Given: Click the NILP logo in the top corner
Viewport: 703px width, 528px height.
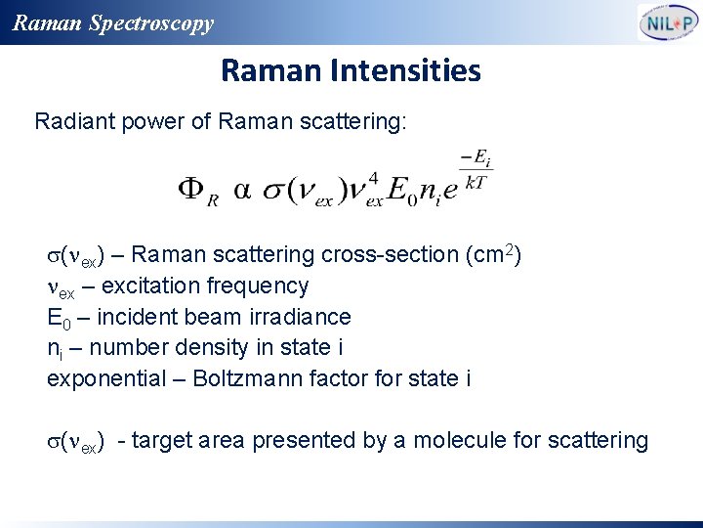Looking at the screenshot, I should (x=668, y=22).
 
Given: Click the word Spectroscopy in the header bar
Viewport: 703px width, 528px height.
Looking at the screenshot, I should (x=150, y=23).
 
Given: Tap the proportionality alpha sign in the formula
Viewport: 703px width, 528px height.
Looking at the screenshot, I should (x=241, y=189).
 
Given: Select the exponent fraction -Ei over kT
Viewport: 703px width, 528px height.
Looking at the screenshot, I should (x=476, y=168).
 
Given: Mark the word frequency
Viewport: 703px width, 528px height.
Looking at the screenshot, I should (x=263, y=286).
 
